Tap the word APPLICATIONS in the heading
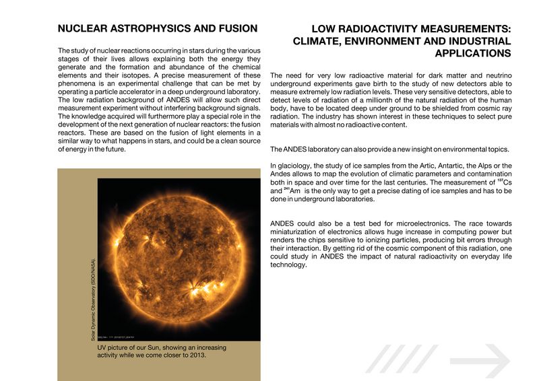coord(474,53)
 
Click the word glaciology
coord(297,166)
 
